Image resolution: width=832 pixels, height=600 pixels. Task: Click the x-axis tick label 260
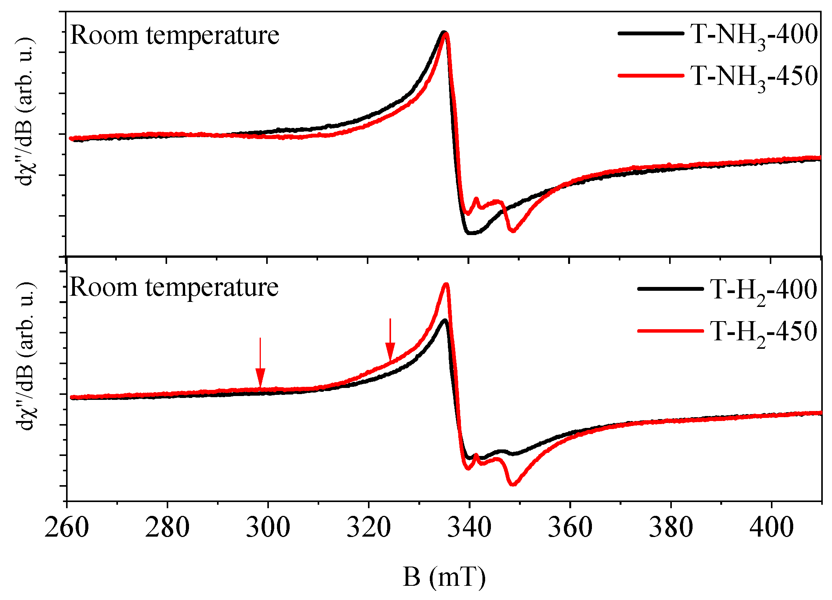pos(67,527)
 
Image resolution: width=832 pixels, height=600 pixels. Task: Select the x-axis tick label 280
pos(167,527)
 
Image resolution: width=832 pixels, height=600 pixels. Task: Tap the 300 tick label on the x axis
pos(268,527)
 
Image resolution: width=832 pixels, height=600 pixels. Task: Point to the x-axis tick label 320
pos(368,527)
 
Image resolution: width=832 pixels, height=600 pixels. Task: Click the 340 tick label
pos(469,527)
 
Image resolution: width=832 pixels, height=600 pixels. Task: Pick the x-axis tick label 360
pos(570,527)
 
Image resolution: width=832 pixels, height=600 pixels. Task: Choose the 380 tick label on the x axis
pos(671,527)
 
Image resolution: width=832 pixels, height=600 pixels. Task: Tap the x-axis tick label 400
pos(771,527)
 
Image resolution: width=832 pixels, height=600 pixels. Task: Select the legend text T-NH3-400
pos(754,36)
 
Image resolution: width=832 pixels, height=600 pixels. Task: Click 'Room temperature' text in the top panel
pos(175,35)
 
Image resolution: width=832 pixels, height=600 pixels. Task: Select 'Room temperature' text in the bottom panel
pos(174,287)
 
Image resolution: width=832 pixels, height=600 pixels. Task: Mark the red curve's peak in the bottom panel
pos(446,285)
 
